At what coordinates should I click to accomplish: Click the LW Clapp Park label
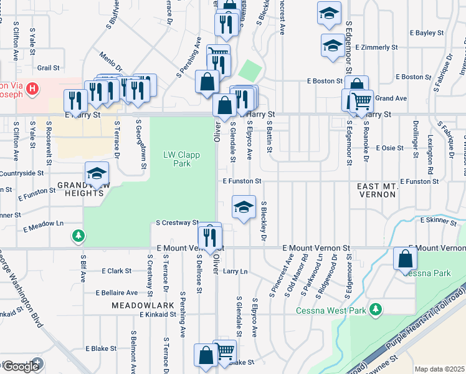(x=176, y=159)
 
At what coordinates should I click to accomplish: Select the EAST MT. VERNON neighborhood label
(x=376, y=191)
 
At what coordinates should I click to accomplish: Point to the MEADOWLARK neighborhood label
(x=139, y=305)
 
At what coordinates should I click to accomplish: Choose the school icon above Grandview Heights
(x=97, y=175)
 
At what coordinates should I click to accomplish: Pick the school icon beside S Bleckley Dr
(x=244, y=208)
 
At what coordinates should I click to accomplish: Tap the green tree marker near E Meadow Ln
(x=78, y=235)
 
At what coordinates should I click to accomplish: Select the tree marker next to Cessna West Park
(x=376, y=309)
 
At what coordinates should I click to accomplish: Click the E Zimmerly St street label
(x=376, y=47)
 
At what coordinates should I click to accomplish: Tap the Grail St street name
(x=48, y=67)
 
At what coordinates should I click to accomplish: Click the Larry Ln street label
(x=235, y=271)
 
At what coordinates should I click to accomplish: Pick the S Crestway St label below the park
(x=176, y=222)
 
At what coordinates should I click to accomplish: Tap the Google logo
(x=21, y=366)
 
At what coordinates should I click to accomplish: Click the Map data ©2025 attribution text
(x=439, y=369)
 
